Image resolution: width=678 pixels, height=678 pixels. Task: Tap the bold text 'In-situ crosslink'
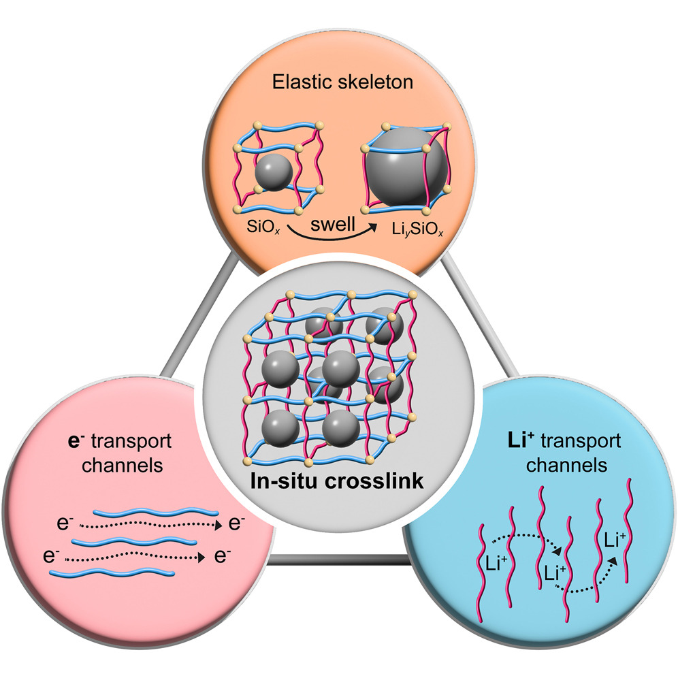338,481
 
